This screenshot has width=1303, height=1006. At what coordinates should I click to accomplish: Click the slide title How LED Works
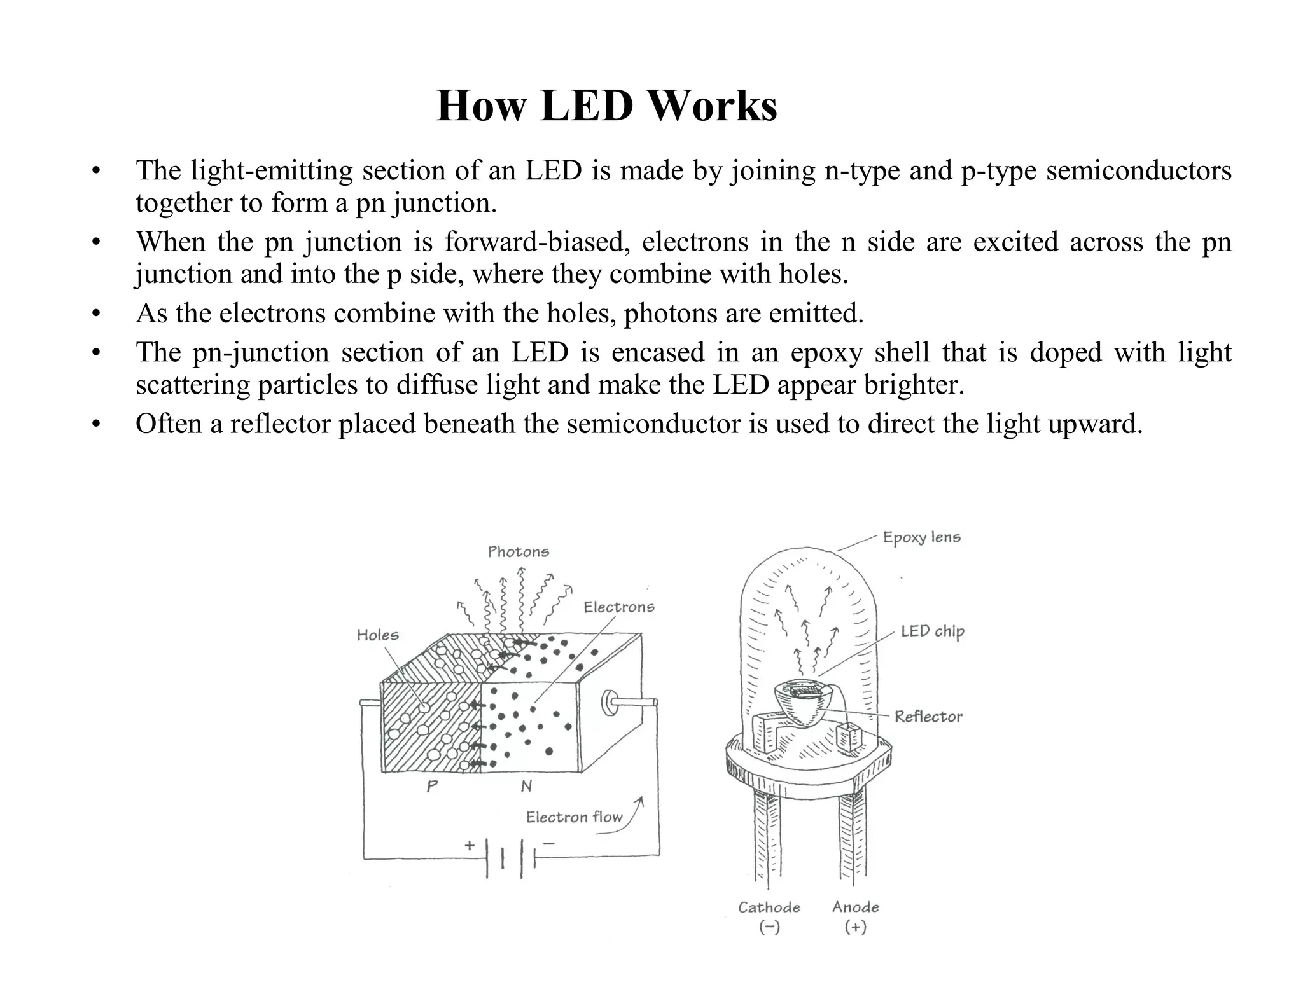[606, 106]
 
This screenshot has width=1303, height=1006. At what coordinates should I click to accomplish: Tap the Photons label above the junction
[518, 552]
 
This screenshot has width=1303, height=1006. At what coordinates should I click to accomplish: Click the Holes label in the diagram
[377, 635]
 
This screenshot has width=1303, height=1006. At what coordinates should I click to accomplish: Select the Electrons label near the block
[618, 607]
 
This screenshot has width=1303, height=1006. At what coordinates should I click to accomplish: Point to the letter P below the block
[432, 787]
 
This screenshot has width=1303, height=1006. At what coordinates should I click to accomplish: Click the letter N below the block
[526, 787]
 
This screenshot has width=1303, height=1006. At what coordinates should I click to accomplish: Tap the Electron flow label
[574, 817]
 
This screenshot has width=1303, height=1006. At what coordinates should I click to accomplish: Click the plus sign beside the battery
[470, 846]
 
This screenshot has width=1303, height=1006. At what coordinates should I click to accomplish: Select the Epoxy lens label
[921, 538]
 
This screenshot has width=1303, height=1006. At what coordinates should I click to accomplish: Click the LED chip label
[932, 631]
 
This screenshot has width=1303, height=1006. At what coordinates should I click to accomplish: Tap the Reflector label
[928, 717]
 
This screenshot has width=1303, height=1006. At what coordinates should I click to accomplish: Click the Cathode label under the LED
[769, 907]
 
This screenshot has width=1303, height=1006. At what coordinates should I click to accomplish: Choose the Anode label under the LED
[855, 907]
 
